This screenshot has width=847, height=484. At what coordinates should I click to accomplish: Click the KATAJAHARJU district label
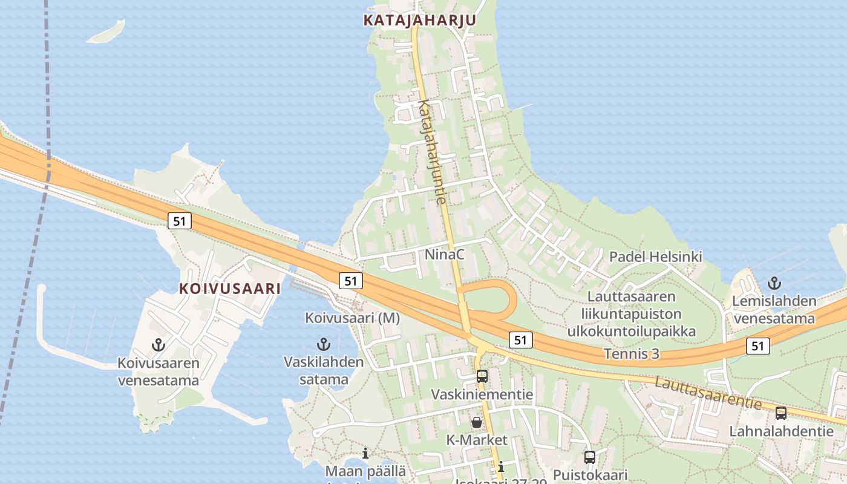coord(419,20)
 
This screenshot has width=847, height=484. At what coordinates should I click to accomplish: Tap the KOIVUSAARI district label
coord(230,289)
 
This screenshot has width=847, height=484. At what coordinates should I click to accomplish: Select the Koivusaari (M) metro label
coord(352,318)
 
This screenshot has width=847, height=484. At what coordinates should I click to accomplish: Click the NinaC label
coord(444,255)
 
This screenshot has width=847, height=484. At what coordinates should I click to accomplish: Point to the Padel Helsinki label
coord(655,257)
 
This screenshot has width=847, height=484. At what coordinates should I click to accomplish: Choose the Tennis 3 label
coord(632,354)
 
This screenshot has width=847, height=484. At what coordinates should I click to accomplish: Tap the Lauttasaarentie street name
coord(708,393)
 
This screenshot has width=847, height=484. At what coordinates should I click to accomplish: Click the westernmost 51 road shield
coord(179,221)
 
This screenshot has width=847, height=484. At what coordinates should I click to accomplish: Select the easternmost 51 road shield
coord(757,346)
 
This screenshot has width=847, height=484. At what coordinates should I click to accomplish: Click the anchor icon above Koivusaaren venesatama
coord(159,345)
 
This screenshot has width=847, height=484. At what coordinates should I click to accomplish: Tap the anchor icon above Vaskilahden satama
coord(324,344)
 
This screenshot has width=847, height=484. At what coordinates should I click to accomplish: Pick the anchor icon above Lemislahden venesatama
coord(774,283)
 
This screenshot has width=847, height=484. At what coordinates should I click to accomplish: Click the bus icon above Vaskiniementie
coord(482,376)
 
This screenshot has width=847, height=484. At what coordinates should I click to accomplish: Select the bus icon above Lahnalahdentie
coord(781,413)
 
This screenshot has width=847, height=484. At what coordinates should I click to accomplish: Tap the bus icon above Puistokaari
coord(590,457)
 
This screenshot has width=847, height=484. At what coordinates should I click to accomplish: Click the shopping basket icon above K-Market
coord(477,422)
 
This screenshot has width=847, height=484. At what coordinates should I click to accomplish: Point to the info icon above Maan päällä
coord(365,453)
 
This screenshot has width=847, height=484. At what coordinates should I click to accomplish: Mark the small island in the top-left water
coord(106,32)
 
